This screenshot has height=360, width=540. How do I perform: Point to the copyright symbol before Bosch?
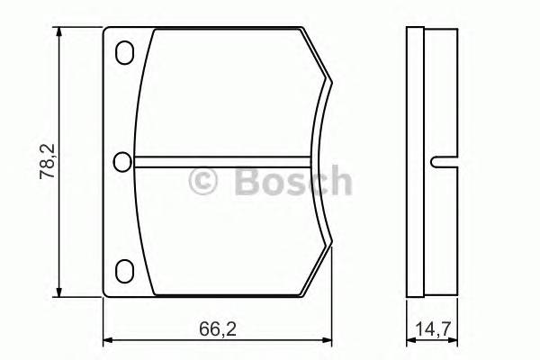pyautogui.click(x=203, y=182)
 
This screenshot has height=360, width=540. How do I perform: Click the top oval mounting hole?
pyautogui.click(x=125, y=54)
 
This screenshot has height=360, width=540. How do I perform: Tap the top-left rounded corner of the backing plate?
pyautogui.click(x=107, y=31)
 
